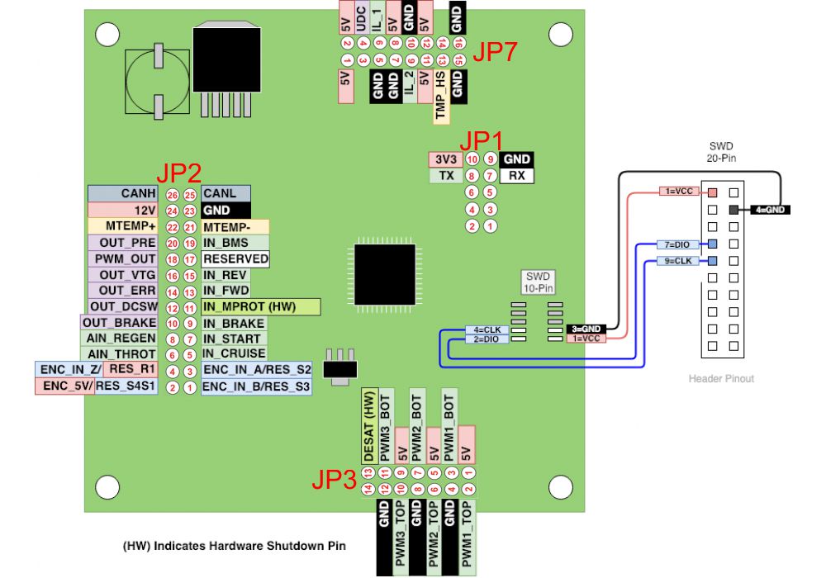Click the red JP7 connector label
point(495,53)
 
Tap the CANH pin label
point(125,193)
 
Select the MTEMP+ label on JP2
point(125,226)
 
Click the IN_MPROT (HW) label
point(259,307)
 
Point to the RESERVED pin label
point(235,258)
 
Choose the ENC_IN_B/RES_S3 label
point(256,387)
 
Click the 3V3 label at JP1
point(445,159)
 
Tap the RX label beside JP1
point(517,176)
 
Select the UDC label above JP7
point(362,18)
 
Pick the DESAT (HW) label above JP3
point(370,428)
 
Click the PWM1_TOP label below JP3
point(468,537)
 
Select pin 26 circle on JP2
point(171,195)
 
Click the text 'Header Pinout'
point(721,379)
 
